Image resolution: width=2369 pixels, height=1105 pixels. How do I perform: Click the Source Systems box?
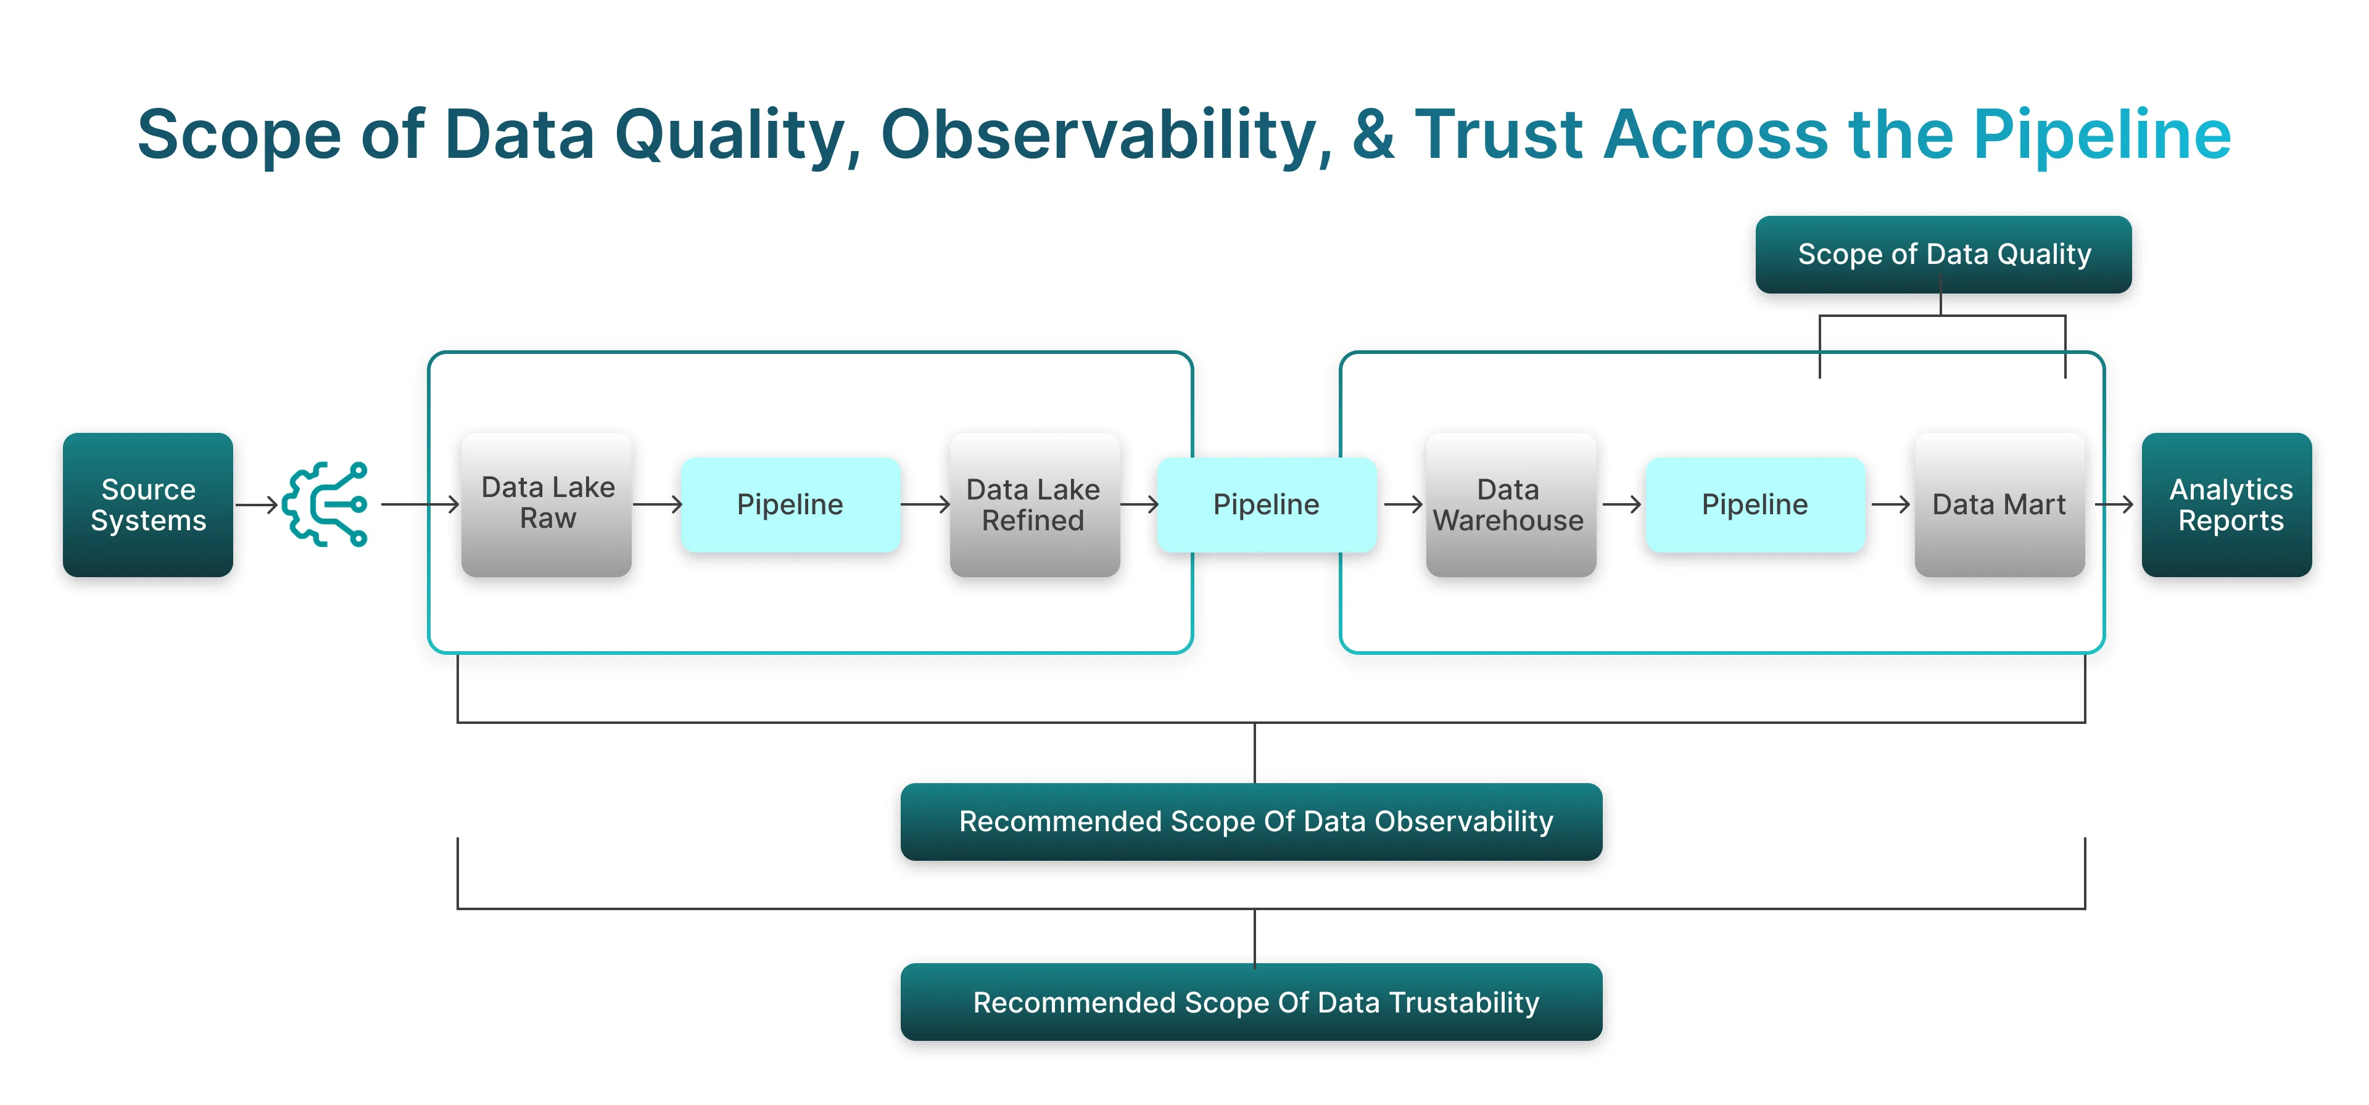tap(147, 504)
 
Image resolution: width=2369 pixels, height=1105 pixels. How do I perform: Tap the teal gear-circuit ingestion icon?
tap(326, 504)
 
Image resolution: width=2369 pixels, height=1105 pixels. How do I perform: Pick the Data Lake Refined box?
tap(1034, 504)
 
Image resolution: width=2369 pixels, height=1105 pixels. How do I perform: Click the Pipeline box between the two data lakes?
tap(790, 504)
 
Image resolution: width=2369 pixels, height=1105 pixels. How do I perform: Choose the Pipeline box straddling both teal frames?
tap(1267, 504)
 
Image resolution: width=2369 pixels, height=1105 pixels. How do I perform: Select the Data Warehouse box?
tap(1509, 504)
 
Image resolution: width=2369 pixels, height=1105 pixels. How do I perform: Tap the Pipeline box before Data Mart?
tap(1755, 504)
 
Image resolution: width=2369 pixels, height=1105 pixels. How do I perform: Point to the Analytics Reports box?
tap(2226, 504)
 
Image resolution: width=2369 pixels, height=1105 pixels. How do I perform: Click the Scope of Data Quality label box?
tap(1943, 255)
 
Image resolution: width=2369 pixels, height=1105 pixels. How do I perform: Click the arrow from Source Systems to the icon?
tap(257, 504)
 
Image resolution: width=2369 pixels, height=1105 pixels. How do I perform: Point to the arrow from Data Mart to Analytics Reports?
tap(2114, 504)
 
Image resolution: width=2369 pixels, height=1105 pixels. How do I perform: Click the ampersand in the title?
tap(1373, 134)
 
